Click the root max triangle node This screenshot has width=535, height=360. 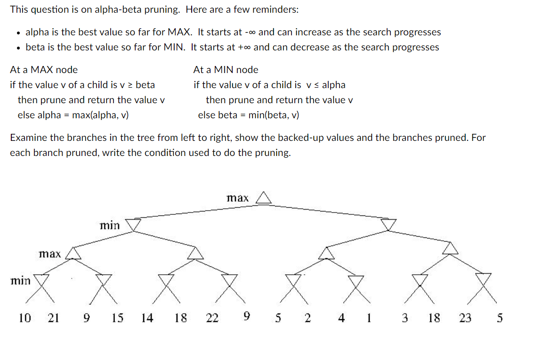point(264,198)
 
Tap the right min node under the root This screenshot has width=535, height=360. point(389,225)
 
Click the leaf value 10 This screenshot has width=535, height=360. point(24,318)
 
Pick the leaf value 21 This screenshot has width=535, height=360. point(54,318)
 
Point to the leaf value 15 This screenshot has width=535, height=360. point(118,318)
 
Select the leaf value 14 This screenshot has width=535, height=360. point(147,318)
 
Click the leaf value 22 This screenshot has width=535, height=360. point(212,318)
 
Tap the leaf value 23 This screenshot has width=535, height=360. point(465,318)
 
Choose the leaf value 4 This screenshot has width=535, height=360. point(341,318)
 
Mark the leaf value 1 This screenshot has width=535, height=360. point(369,318)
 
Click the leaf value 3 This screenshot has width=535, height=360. point(405,318)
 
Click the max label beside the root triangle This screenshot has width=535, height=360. point(238,198)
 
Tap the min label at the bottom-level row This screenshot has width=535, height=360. point(20,281)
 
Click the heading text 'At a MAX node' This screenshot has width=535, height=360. point(44,70)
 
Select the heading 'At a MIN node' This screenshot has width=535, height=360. point(226,70)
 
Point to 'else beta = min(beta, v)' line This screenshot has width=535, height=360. point(248,115)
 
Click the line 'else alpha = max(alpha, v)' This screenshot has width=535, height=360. point(73,115)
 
